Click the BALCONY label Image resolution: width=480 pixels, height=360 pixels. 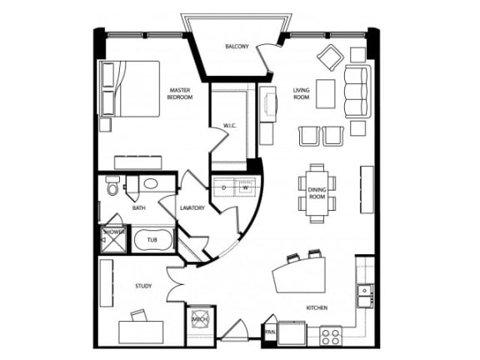pos(237,46)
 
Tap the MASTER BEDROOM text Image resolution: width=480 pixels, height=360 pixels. pos(181,94)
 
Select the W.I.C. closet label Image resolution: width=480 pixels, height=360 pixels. pos(230,126)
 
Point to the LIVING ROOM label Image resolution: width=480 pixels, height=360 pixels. pos(302,94)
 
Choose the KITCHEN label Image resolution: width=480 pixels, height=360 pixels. pos(317,308)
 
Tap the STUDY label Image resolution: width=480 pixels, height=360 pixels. pos(143,287)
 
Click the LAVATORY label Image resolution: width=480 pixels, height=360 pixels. pos(192,207)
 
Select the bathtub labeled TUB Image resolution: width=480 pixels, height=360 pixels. pos(152,240)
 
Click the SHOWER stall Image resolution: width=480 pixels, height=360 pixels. pos(112,239)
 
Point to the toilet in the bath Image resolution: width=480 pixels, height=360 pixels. pos(112,188)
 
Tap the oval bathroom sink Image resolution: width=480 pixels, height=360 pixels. pos(152,184)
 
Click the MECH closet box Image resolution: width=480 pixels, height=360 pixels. pos(200,317)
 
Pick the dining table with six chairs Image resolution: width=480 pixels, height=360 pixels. pos(317,193)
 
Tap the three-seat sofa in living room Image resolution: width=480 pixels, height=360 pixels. pos(356,89)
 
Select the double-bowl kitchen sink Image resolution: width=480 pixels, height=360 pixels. pos(364,294)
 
